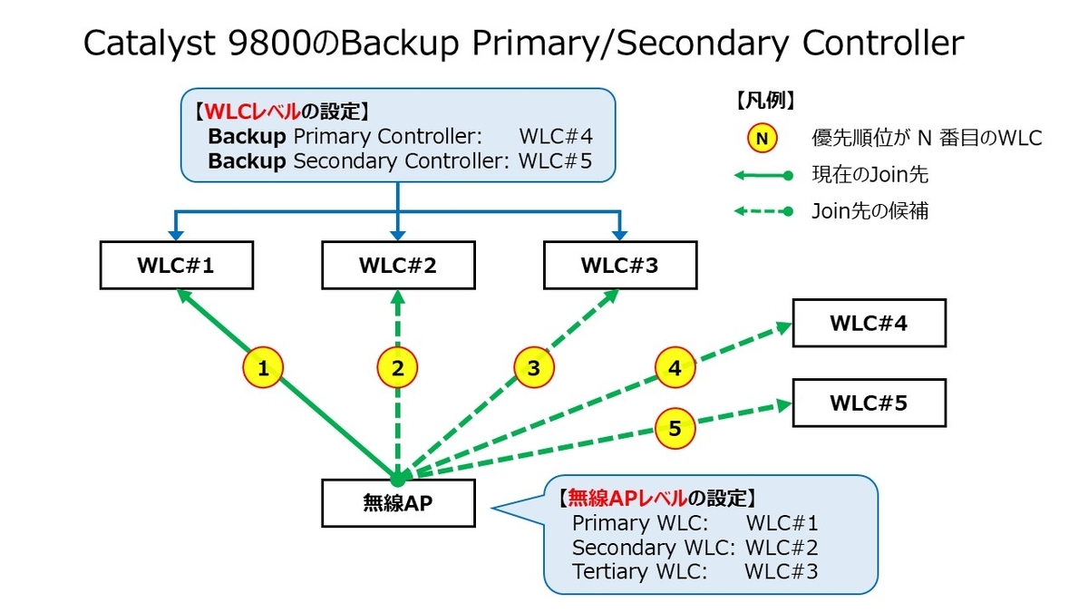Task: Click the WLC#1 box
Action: (x=176, y=267)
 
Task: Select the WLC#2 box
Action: (x=398, y=267)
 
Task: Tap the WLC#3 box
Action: (x=620, y=267)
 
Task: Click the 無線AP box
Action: (x=398, y=502)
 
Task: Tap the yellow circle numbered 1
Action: (x=264, y=368)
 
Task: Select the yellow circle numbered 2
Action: (x=398, y=368)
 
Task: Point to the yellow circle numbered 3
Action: (x=533, y=368)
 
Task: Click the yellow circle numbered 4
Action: (x=675, y=368)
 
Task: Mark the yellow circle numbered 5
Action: (x=675, y=428)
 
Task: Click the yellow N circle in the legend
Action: (x=763, y=139)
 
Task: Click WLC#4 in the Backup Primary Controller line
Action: (x=556, y=137)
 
